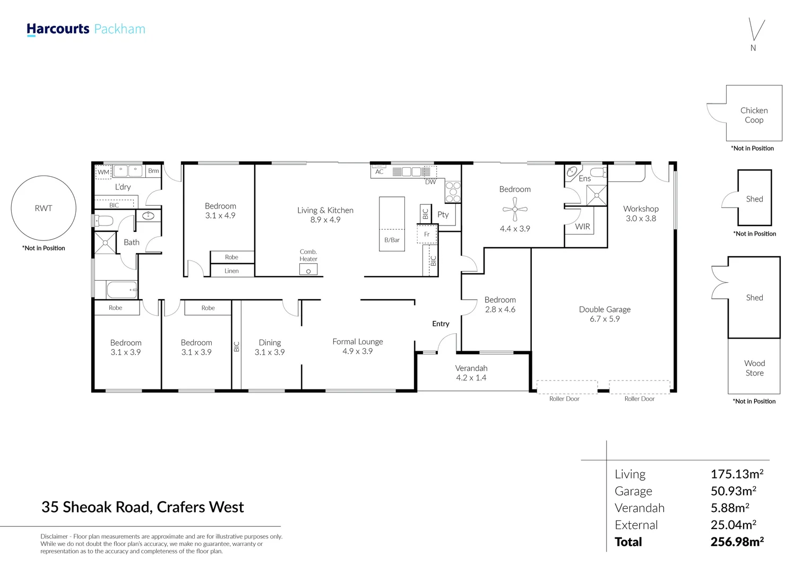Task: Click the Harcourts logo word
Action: pos(58,29)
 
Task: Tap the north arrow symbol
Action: pos(756,30)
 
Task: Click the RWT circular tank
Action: pos(44,208)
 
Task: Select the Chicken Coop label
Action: pos(754,115)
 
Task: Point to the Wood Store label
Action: pos(755,368)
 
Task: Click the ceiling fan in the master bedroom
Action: pos(515,209)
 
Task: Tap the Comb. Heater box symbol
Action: pos(308,270)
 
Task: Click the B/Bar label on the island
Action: pos(392,240)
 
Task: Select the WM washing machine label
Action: pos(103,172)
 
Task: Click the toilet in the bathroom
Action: pos(103,220)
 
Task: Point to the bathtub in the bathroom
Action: pos(122,290)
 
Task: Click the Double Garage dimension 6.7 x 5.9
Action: pos(605,319)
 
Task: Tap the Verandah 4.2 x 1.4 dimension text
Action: pos(471,378)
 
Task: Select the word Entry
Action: pos(441,324)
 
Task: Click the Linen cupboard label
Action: pos(231,271)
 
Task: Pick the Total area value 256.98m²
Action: pos(737,542)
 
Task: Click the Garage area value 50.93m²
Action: pos(733,491)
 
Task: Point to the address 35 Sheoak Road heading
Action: pos(143,507)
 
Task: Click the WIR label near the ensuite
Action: pos(583,227)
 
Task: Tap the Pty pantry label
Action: pos(443,215)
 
